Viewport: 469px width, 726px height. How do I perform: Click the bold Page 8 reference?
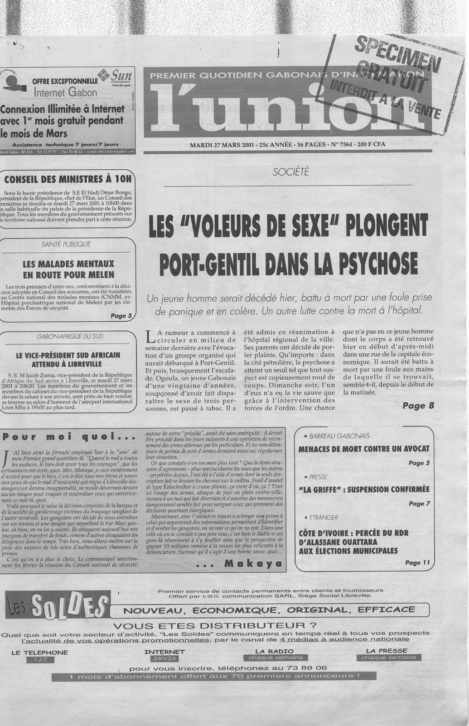pos(418,405)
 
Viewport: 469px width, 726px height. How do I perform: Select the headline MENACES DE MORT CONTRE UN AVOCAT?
pos(363,449)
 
